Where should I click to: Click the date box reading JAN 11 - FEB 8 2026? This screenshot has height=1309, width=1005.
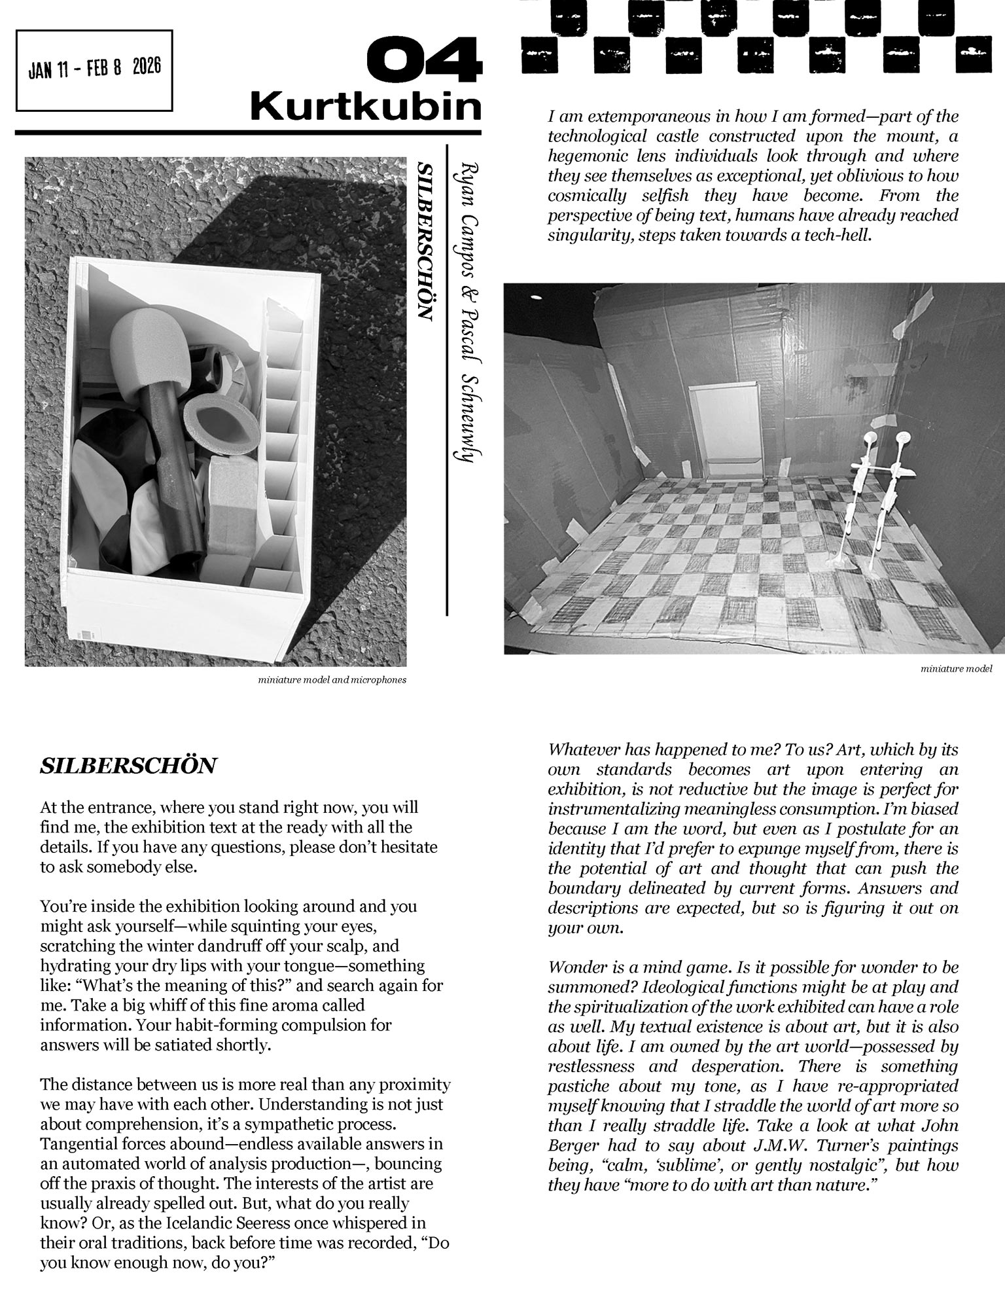[x=94, y=69]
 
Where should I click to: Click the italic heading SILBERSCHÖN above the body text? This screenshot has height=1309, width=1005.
[x=128, y=766]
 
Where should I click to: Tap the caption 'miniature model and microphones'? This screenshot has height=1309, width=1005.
[x=332, y=680]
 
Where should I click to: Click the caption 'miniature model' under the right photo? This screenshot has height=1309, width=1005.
[x=956, y=669]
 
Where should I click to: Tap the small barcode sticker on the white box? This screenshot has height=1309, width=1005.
[x=86, y=634]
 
